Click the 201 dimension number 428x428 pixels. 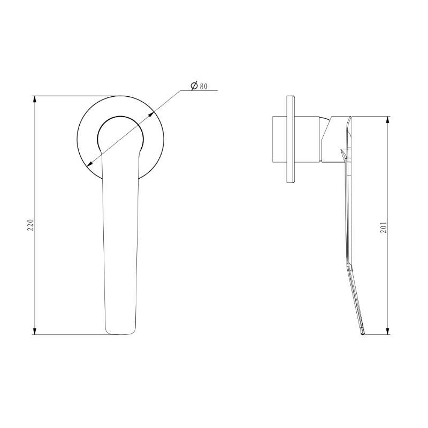(383, 229)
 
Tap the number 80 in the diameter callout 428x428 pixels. (204, 86)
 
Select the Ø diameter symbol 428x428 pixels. (194, 86)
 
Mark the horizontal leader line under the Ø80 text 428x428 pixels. (198, 91)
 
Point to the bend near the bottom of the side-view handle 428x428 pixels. (351, 267)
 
